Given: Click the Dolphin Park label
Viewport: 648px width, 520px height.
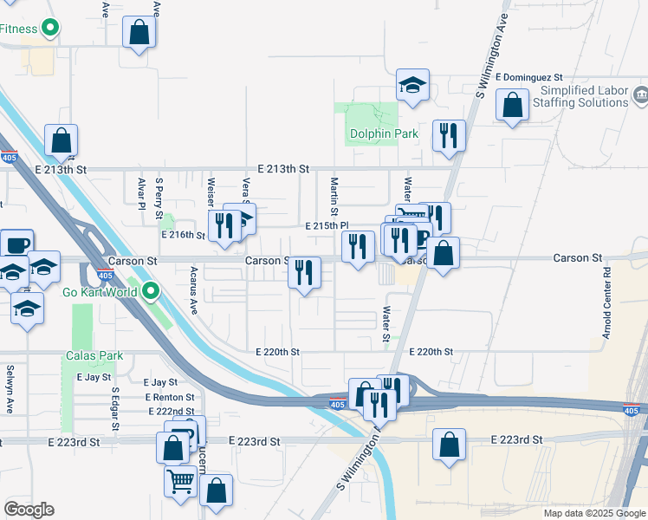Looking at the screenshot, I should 384,134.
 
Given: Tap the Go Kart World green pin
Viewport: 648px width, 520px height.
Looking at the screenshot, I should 152,290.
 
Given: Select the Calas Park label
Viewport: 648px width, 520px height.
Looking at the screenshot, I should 94,355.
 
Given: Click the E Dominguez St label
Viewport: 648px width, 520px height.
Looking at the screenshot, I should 530,77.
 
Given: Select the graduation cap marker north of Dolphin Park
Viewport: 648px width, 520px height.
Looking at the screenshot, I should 413,85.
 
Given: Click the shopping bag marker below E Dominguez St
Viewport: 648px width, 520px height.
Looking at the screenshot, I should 513,105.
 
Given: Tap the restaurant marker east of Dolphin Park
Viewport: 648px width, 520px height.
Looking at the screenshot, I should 448,135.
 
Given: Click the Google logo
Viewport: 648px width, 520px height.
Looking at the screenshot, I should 28,510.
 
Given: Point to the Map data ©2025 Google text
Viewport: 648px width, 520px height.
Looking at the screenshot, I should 593,513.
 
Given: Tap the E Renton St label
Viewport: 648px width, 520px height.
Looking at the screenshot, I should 170,397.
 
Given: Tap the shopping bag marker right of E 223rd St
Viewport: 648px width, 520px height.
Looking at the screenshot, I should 449,445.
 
